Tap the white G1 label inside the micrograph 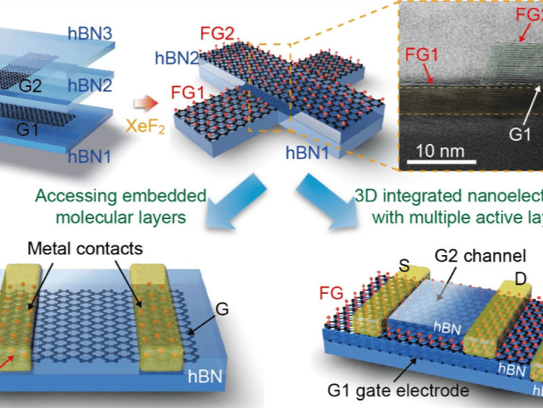tap(519, 135)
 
